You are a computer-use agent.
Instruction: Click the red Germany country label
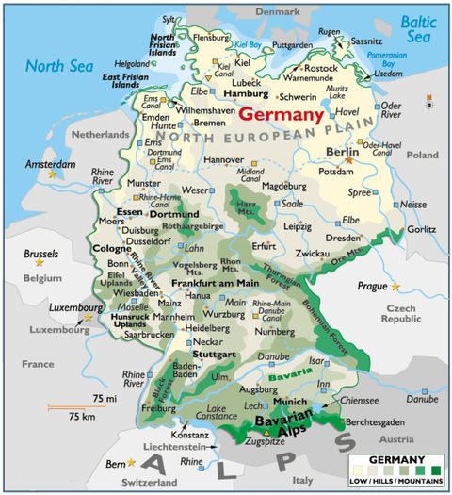281,114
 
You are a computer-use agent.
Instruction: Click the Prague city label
372,285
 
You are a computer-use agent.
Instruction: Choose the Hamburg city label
248,94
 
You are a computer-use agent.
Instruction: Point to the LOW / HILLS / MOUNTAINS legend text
395,483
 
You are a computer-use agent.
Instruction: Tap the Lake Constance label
217,413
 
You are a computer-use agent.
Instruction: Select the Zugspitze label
263,440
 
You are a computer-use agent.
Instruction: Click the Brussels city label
40,254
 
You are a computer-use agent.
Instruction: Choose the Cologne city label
112,249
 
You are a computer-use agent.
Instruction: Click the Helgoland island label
133,62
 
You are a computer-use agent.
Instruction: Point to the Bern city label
114,463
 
